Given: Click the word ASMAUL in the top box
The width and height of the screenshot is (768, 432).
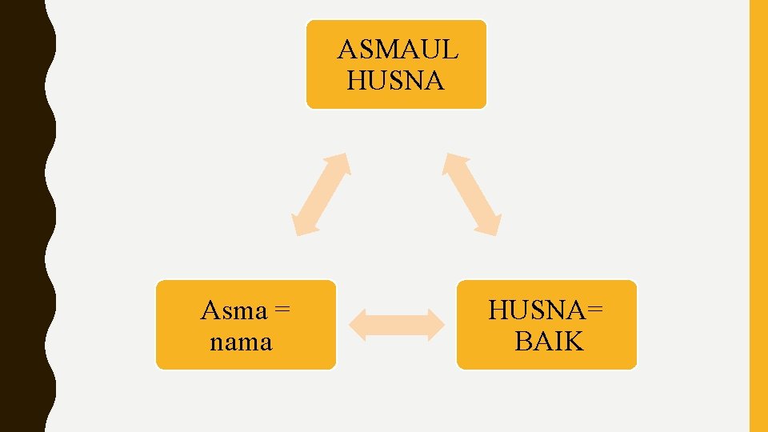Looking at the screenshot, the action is (x=398, y=50).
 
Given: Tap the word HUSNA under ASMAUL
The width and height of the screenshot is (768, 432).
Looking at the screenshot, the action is (x=396, y=81).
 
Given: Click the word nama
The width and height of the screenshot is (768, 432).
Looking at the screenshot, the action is (x=241, y=342).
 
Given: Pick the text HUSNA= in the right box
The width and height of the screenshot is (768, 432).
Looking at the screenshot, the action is (x=546, y=310).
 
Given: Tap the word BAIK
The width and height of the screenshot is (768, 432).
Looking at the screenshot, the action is (x=549, y=342).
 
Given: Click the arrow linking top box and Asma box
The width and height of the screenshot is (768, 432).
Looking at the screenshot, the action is (x=321, y=194).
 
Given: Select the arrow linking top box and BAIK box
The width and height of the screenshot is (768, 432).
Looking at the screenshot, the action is (x=473, y=194).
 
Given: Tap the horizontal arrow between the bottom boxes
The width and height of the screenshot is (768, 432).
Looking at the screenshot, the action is (x=397, y=325).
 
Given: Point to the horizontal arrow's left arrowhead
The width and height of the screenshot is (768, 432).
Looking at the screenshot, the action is (x=358, y=325).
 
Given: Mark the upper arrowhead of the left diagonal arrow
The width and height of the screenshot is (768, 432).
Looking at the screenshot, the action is (x=342, y=162).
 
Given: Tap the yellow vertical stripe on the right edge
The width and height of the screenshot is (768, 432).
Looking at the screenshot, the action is (x=758, y=216).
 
